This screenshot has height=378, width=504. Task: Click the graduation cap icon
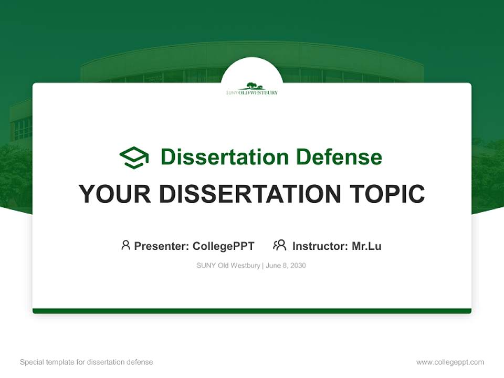point(134,157)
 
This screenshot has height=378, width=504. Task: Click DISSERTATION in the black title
point(249,194)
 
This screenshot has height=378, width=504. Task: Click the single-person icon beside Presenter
point(125,245)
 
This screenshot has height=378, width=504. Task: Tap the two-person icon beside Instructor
point(280,245)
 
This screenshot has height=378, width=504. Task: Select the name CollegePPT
point(224,246)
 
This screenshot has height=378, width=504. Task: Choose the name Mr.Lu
point(366,246)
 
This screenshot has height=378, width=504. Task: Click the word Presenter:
point(162,246)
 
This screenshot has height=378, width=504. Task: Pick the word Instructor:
point(320,246)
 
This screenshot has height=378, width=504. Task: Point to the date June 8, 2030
point(286,266)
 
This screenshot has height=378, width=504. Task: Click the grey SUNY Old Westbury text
point(228,266)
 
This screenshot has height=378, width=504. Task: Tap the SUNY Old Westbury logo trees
point(252,86)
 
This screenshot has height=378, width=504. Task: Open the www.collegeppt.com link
point(450,362)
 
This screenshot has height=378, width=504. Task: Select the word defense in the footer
point(140,362)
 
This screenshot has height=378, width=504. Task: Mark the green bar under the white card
point(252,311)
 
